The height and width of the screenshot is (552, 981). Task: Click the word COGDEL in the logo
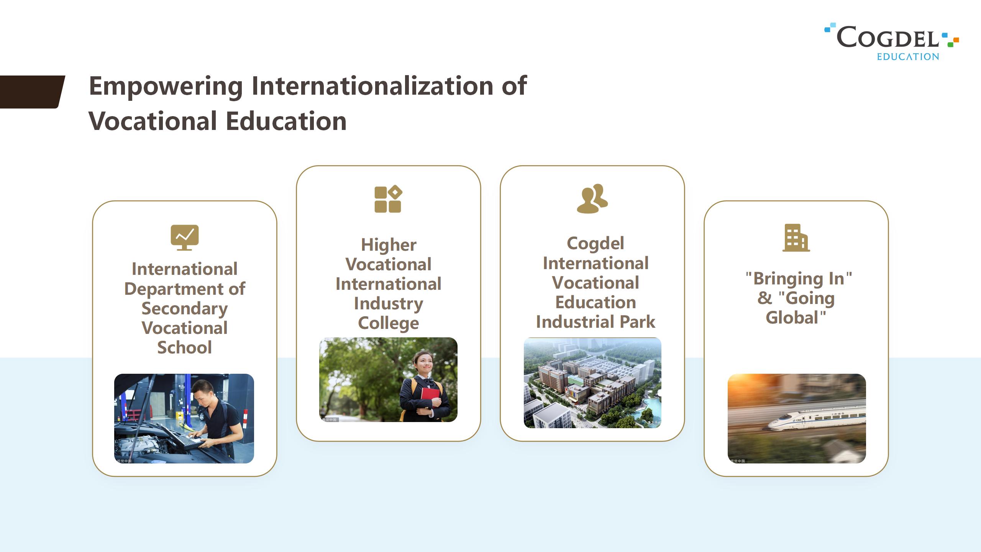click(x=887, y=37)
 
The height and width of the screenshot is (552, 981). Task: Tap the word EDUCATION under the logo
click(x=908, y=57)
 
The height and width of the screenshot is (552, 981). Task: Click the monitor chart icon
click(x=185, y=238)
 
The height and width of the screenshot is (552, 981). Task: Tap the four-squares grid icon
click(x=388, y=199)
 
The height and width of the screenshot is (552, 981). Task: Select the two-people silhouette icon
click(x=592, y=199)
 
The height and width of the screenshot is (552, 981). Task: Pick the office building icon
click(x=796, y=238)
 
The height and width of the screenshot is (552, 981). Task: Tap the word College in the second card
click(x=389, y=323)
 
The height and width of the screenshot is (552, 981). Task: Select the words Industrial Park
click(x=595, y=322)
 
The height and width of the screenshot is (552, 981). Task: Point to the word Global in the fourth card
click(x=792, y=318)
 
